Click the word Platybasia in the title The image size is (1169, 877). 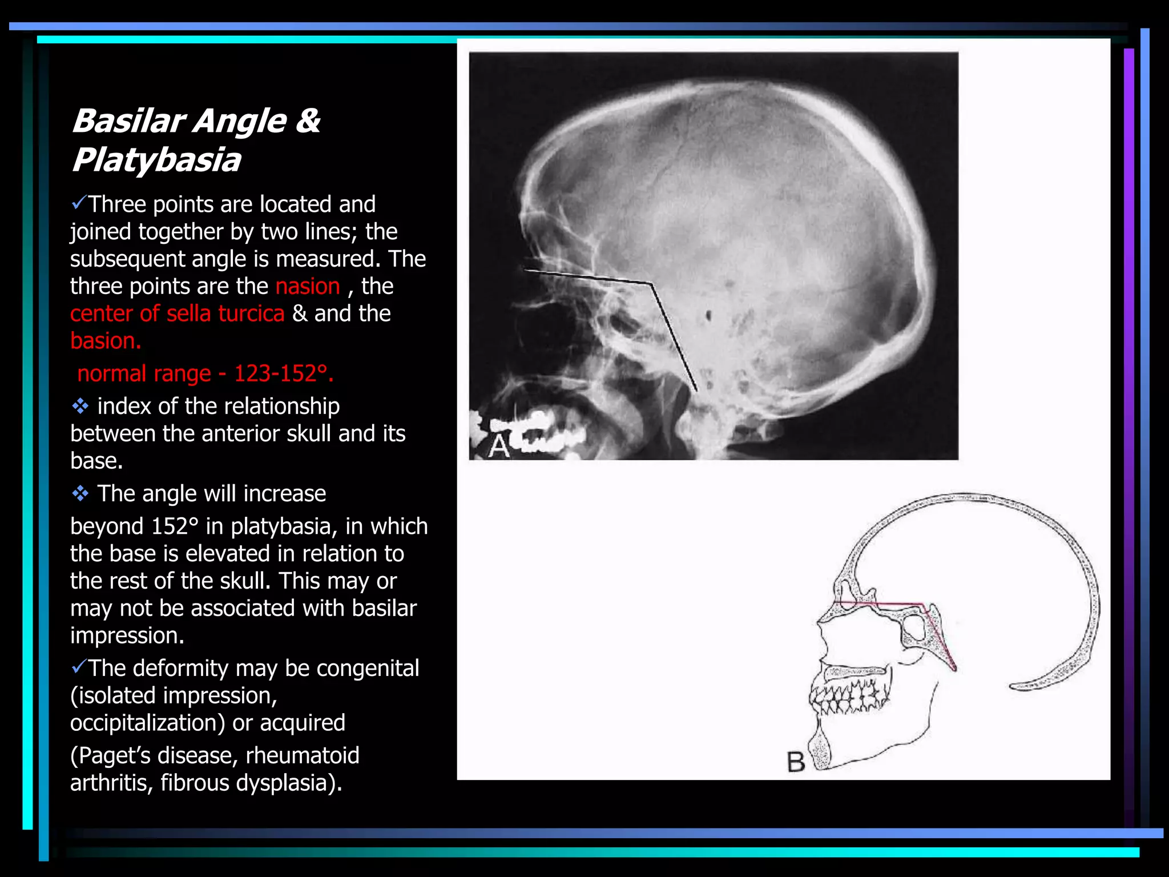156,160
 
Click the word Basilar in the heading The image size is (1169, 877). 128,121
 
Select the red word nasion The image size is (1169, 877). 308,286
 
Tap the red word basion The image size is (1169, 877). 106,341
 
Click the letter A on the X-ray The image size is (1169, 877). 499,446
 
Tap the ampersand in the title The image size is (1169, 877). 308,121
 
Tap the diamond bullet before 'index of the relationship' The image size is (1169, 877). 80,406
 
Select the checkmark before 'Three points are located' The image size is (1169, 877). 79,202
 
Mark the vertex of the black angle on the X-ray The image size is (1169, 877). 652,283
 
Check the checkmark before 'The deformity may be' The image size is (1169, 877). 79,666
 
